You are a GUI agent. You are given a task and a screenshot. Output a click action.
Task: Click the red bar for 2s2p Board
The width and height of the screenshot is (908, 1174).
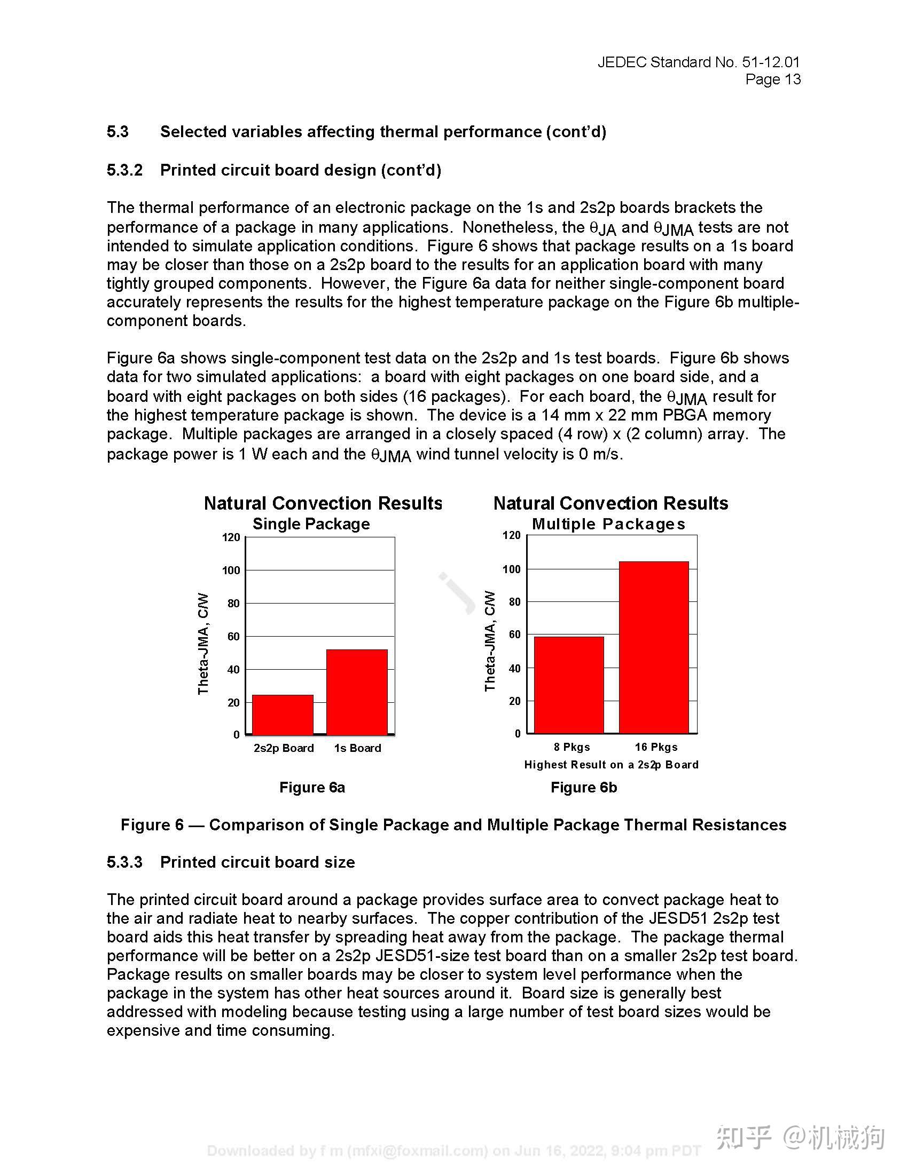tap(283, 715)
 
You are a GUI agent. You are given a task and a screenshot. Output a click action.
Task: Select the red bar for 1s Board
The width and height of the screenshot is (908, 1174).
tap(357, 692)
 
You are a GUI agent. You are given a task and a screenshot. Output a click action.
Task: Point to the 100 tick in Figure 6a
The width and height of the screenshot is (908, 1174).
tap(231, 570)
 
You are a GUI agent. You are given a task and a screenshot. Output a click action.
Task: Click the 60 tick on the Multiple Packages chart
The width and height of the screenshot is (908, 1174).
tap(515, 635)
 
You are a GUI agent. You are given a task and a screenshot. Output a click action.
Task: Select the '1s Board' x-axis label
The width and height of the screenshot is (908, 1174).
tap(357, 748)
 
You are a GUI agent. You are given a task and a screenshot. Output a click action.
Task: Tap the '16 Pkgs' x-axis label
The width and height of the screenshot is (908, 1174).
tap(656, 747)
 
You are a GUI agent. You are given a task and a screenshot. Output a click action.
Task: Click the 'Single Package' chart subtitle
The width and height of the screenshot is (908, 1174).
tap(311, 524)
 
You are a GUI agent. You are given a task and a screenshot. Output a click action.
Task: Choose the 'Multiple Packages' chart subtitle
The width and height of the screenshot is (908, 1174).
tap(608, 524)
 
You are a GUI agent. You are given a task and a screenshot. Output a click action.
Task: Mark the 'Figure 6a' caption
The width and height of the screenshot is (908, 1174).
tap(312, 788)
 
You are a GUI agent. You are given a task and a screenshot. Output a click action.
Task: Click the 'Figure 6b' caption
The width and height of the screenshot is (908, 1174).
tap(584, 788)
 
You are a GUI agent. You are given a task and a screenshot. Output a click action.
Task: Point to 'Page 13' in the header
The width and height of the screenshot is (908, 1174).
tap(772, 80)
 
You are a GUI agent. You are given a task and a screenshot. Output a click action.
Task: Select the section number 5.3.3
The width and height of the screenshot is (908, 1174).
tap(124, 862)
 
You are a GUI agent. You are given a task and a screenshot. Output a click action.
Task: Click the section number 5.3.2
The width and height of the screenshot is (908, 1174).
tap(124, 170)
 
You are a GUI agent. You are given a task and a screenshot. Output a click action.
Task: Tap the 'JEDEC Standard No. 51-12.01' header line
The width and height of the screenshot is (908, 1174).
tap(698, 62)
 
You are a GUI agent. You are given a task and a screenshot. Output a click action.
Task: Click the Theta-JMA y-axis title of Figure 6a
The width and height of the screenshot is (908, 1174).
tap(203, 644)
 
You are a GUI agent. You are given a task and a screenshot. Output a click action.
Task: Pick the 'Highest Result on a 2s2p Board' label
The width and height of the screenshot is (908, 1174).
tap(611, 765)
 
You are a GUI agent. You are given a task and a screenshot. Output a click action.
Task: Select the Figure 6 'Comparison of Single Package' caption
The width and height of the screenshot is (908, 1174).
tap(453, 825)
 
